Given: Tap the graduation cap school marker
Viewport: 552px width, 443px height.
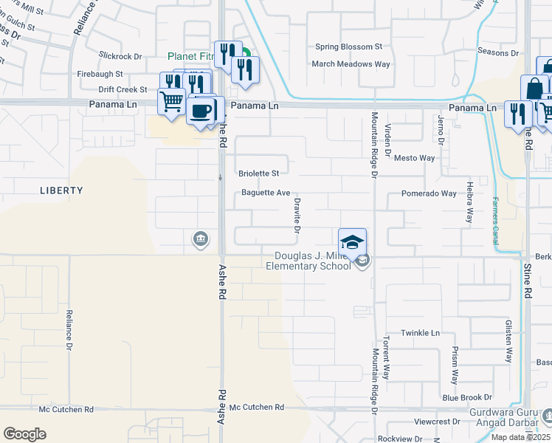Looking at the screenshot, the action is tap(352, 241).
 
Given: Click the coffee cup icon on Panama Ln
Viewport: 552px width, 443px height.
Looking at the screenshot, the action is tap(201, 111).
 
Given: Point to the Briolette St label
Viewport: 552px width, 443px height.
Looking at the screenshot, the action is tap(259, 174).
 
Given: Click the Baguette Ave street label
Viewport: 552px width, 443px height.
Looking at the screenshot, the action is tap(266, 193).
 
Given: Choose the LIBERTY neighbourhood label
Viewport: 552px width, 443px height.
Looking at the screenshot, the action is tap(61, 190).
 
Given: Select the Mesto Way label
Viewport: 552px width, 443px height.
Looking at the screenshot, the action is tap(415, 158).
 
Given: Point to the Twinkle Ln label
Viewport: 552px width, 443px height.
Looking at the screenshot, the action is tap(420, 333).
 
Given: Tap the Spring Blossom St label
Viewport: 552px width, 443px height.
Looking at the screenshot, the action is tap(349, 47).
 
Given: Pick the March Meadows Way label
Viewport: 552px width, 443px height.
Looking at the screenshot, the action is tap(351, 64).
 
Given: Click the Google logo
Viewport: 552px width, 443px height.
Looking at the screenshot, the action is tap(24, 434).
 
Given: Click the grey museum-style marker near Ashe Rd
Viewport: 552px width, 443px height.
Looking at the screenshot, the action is tap(200, 238).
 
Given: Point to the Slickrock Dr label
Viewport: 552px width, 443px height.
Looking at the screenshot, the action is tap(120, 56).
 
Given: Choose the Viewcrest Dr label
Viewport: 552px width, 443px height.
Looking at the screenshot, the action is tap(437, 422).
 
